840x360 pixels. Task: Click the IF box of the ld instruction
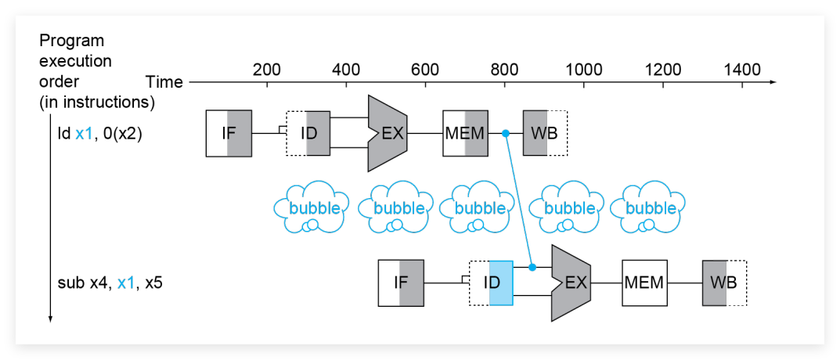pyautogui.click(x=229, y=133)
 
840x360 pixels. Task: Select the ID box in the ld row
pyautogui.click(x=307, y=133)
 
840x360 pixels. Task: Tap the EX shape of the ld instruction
pyautogui.click(x=388, y=133)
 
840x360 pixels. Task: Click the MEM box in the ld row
pyautogui.click(x=465, y=133)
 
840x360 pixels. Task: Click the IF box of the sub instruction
pyautogui.click(x=401, y=283)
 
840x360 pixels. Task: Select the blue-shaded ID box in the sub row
pyautogui.click(x=492, y=283)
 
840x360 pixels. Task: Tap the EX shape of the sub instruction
pyautogui.click(x=571, y=283)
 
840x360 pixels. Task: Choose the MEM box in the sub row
pyautogui.click(x=645, y=283)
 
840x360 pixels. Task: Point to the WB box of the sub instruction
pyautogui.click(x=725, y=283)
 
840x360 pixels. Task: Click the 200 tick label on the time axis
pyautogui.click(x=267, y=70)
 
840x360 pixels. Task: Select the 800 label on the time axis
pyautogui.click(x=505, y=70)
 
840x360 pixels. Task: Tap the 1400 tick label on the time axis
pyautogui.click(x=742, y=70)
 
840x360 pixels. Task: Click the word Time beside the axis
pyautogui.click(x=164, y=82)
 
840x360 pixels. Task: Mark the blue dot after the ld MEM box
pyautogui.click(x=505, y=133)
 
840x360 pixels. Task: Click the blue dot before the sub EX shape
pyautogui.click(x=532, y=267)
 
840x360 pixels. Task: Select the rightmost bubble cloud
pyautogui.click(x=648, y=208)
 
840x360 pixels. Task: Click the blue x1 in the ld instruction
pyautogui.click(x=85, y=134)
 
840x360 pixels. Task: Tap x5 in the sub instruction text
pyautogui.click(x=153, y=283)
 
